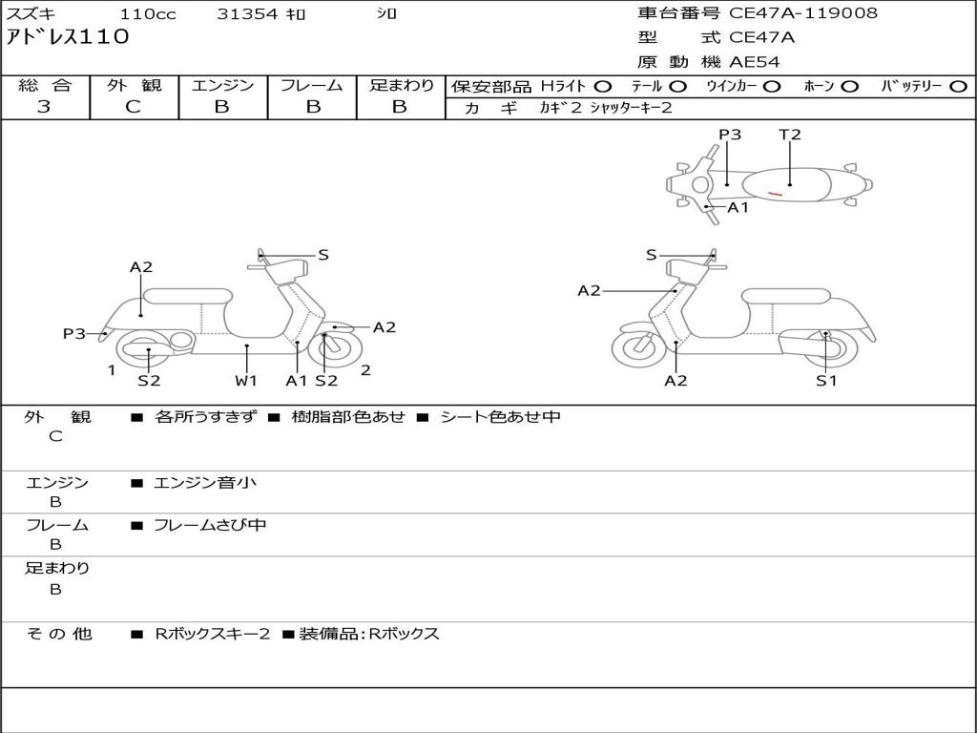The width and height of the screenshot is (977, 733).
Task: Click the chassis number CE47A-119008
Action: coord(803,13)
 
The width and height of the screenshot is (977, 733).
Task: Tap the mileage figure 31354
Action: coord(247,14)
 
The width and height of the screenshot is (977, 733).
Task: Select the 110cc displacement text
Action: coord(148,14)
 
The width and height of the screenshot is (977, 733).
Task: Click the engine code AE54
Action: coord(755,62)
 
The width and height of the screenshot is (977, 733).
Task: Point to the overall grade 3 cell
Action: coord(44,107)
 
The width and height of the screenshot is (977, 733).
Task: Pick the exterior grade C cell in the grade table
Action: coord(134,107)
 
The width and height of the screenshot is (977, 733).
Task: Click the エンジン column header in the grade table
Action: coord(222,86)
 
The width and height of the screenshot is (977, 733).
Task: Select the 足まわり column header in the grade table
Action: coord(401,86)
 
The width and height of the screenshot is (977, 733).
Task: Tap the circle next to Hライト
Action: coord(603,87)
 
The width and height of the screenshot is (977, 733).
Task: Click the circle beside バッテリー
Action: coord(958,87)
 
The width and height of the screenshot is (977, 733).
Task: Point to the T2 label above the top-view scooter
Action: coord(790,135)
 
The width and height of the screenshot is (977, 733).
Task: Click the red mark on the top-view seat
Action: coord(776,194)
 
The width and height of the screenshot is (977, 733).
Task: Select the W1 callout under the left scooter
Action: coord(246,381)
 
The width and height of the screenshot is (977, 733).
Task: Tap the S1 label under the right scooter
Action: coord(826,381)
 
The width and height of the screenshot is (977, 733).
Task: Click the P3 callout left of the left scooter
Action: coord(74,334)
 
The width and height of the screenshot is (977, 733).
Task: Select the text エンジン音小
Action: coord(205,483)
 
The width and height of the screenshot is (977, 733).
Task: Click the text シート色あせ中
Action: coord(500,417)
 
